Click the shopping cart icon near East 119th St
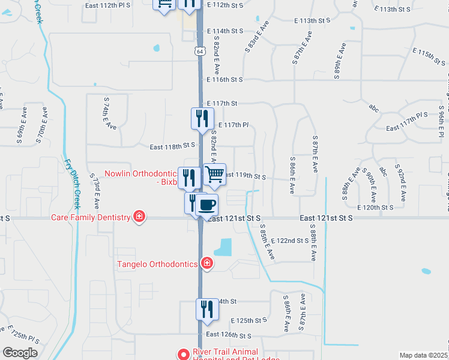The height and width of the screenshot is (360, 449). coord(215,175)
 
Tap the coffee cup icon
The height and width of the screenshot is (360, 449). coord(207,205)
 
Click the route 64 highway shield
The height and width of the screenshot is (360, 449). coord(199,52)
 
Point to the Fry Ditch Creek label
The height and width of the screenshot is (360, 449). coord(71,181)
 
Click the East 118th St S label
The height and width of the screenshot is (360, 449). coord(173,146)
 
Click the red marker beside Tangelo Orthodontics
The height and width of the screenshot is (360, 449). coord(206,263)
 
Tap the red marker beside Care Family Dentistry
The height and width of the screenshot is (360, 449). coord(139,217)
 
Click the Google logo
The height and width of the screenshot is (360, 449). coord(20,353)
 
